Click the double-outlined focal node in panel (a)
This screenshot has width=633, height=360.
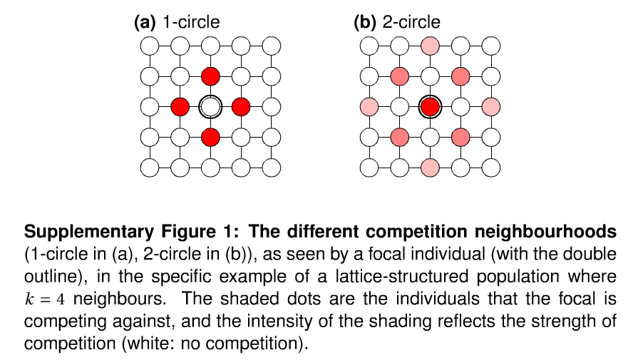[x=210, y=107]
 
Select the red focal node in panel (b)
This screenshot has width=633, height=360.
[x=430, y=107]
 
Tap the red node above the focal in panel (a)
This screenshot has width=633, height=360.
[x=210, y=76]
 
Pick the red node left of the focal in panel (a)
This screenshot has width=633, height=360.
[x=180, y=107]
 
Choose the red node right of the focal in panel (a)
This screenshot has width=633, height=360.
[x=241, y=107]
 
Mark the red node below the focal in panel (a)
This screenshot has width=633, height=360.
[x=210, y=137]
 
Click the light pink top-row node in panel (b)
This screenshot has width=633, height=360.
[x=430, y=46]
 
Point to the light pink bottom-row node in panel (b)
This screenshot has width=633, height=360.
[x=430, y=168]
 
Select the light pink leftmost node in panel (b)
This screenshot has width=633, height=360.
[x=369, y=107]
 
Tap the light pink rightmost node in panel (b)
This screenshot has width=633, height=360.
[x=490, y=107]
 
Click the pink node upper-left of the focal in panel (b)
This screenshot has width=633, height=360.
[x=399, y=76]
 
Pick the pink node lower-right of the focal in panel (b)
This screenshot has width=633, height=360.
[x=460, y=137]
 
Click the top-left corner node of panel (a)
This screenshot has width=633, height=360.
[x=150, y=46]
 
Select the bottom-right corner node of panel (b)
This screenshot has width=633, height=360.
[x=490, y=168]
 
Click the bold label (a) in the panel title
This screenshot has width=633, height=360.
[x=145, y=22]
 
